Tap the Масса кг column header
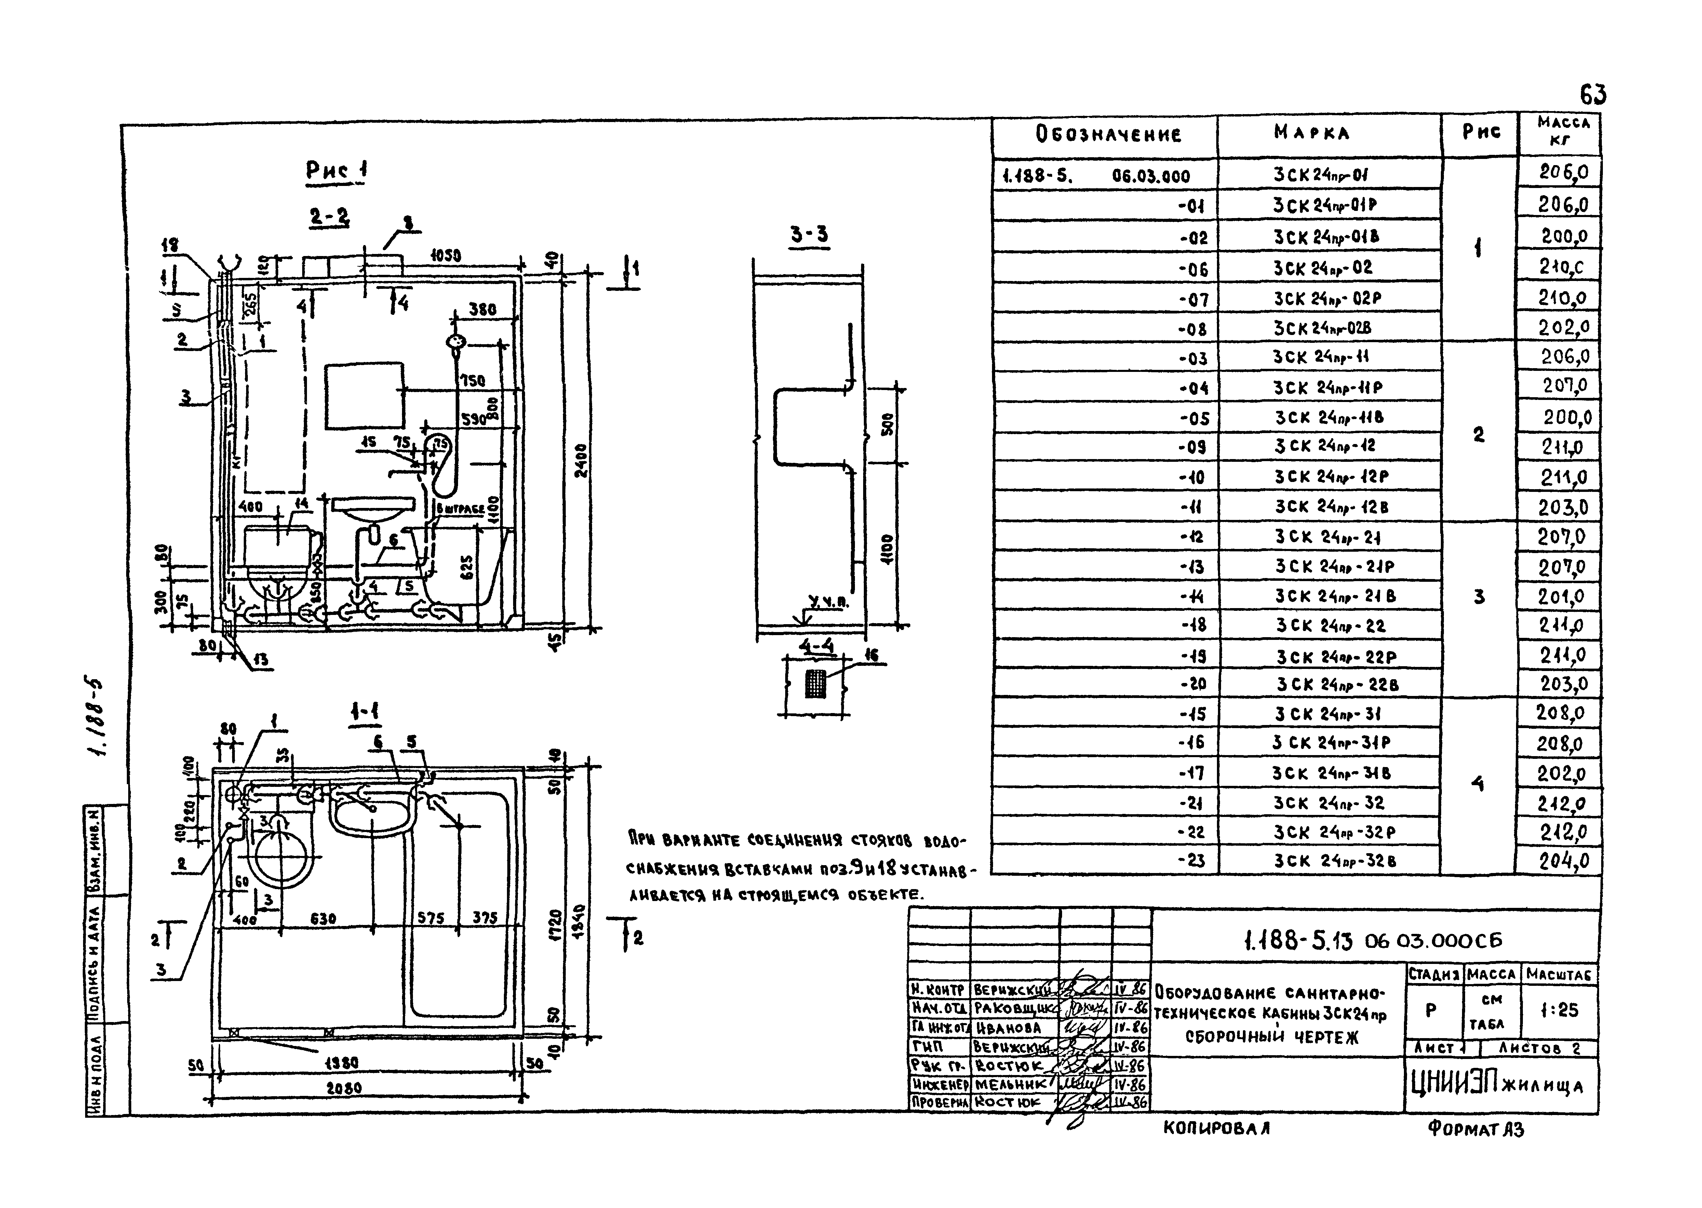coord(1563,131)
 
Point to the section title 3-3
coord(808,235)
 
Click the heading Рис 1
coord(336,170)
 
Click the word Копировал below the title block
coord(1216,1128)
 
